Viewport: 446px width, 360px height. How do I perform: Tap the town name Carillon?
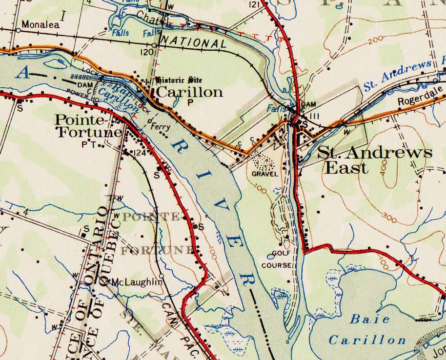pyautogui.click(x=189, y=92)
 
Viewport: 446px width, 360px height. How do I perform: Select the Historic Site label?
pyautogui.click(x=178, y=80)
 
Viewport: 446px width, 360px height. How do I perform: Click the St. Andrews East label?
pyautogui.click(x=374, y=160)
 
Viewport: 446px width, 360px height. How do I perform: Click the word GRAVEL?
pyautogui.click(x=265, y=174)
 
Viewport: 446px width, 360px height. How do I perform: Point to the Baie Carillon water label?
pyautogui.click(x=367, y=330)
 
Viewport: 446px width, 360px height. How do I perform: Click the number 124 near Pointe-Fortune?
pyautogui.click(x=141, y=153)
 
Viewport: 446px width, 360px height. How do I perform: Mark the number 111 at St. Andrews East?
pyautogui.click(x=314, y=116)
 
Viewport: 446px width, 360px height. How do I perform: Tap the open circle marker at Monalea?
pyautogui.click(x=18, y=30)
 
